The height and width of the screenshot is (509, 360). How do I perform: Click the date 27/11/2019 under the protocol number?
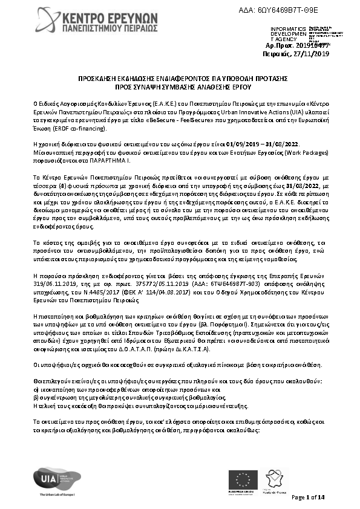coord(313,53)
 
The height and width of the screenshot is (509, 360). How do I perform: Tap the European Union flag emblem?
coord(246,480)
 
